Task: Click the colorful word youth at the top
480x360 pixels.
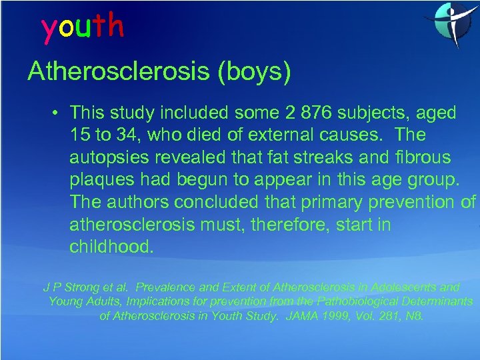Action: [83, 27]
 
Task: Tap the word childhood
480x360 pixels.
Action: [111, 247]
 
